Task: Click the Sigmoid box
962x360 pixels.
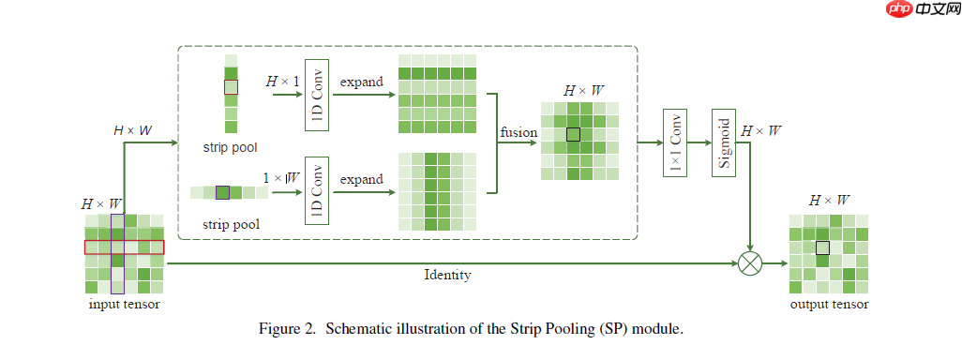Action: point(723,142)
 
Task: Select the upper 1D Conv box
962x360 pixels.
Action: point(316,96)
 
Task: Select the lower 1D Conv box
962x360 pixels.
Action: point(316,192)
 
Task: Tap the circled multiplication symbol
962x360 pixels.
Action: point(750,263)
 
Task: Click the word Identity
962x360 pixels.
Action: point(447,276)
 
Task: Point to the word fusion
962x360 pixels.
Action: point(519,133)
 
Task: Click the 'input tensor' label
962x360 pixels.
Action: point(124,305)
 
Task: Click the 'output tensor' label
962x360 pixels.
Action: point(829,305)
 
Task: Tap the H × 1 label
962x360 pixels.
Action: point(282,82)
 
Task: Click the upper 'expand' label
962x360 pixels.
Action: point(362,82)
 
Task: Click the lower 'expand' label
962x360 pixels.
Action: point(362,179)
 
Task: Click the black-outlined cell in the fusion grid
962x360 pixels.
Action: point(574,134)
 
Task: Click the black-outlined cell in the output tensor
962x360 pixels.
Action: point(822,247)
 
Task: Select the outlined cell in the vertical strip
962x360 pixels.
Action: point(231,86)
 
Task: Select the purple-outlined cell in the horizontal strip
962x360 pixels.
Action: point(222,192)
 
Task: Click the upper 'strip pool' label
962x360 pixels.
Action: point(230,147)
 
